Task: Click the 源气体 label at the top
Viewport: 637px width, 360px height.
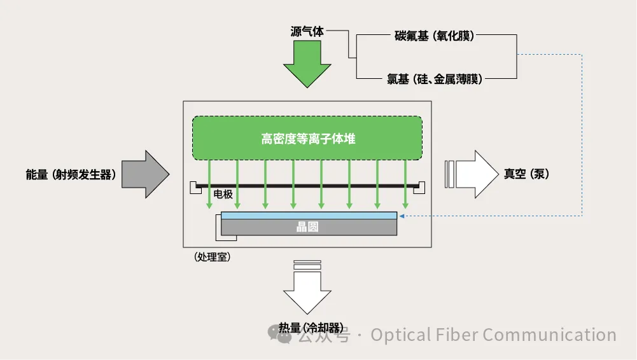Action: [307, 31]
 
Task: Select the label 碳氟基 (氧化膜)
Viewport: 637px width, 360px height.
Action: [434, 36]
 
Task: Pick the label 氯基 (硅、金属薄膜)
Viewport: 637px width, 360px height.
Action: [434, 80]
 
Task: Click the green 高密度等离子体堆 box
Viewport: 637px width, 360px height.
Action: [307, 138]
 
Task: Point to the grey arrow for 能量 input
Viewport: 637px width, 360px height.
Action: [145, 174]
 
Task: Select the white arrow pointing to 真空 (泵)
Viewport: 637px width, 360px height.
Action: [474, 174]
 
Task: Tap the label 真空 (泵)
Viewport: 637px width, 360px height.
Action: [526, 174]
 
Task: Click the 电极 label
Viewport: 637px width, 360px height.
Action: [223, 194]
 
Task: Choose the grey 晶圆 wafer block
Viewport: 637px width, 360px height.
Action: [309, 228]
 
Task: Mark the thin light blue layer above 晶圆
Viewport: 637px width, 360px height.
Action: [309, 215]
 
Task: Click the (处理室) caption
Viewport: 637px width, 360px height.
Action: [212, 258]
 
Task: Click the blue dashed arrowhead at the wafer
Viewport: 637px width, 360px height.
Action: [403, 216]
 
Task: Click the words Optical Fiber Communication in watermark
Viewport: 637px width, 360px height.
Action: [493, 335]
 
